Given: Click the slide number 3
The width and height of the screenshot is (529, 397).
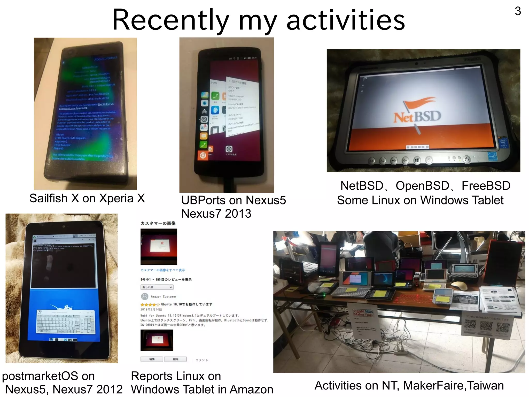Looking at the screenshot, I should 518,11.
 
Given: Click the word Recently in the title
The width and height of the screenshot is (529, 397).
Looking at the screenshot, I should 171,20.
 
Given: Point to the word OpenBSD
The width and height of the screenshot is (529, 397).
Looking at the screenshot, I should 423,186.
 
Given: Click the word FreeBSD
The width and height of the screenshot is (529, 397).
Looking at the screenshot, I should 486,186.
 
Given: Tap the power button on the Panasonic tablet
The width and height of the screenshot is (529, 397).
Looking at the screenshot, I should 466,159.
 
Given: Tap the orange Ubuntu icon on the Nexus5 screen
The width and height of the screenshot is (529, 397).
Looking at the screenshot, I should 203,156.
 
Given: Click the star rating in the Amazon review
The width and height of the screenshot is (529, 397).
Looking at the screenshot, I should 150,305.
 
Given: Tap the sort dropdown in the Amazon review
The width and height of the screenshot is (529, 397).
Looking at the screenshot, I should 157,287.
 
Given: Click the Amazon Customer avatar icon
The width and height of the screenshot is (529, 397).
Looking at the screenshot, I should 145,296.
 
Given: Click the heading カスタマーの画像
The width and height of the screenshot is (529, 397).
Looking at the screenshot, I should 158,223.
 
